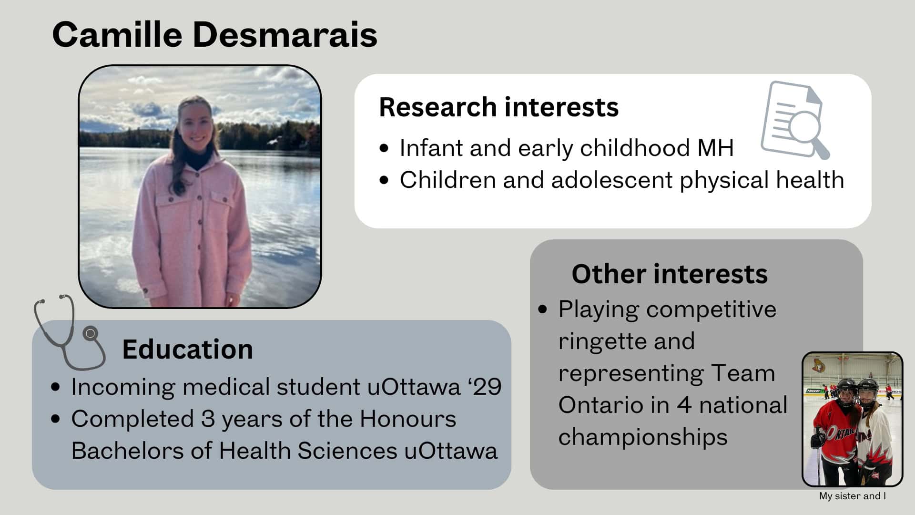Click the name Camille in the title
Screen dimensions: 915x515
click(x=117, y=34)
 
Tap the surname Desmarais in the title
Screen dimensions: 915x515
click(x=285, y=34)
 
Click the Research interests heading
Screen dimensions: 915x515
click(x=498, y=107)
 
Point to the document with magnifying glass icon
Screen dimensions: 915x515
click(x=795, y=120)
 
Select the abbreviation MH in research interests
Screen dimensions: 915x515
click(x=715, y=148)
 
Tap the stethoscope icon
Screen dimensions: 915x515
click(x=70, y=332)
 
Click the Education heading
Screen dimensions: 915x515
click(x=187, y=349)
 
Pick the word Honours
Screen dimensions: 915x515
click(x=407, y=419)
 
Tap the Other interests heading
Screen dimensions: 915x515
click(x=670, y=274)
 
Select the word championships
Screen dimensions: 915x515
click(x=643, y=437)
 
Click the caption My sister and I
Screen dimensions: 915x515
click(x=853, y=496)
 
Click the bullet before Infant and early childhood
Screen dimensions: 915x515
click(x=384, y=148)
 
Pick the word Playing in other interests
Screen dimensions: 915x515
click(x=598, y=310)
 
